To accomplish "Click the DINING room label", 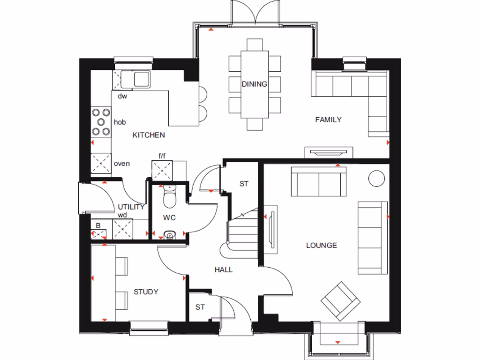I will click(255, 84).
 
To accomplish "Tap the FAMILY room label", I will click(328, 120).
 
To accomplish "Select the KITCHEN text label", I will click(149, 135).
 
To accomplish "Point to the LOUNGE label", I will click(322, 245).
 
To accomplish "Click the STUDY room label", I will click(146, 292).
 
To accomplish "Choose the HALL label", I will click(224, 270).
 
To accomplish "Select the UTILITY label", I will click(131, 206).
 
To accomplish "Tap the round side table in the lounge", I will click(376, 178).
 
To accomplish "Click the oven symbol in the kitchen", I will click(100, 164).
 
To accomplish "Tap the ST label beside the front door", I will click(200, 307).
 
